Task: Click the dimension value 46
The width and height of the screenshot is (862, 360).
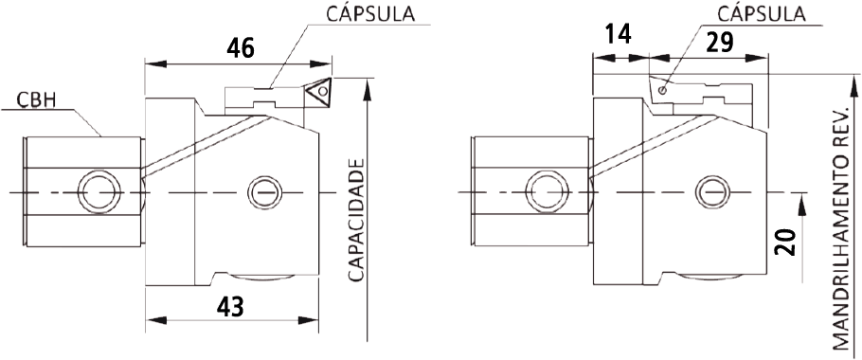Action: click(241, 49)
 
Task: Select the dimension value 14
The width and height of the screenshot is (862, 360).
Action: click(619, 35)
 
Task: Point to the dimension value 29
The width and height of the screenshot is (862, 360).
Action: click(720, 43)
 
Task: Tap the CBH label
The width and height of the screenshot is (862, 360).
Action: click(34, 101)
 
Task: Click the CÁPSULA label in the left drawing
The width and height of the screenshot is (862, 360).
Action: click(370, 15)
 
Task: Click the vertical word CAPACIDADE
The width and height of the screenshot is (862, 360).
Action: click(357, 221)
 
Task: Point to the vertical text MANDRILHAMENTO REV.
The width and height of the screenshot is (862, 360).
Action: click(840, 228)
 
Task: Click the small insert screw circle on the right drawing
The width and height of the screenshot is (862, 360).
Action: click(663, 90)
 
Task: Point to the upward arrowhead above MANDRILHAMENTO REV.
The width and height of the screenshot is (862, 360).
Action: click(853, 86)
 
